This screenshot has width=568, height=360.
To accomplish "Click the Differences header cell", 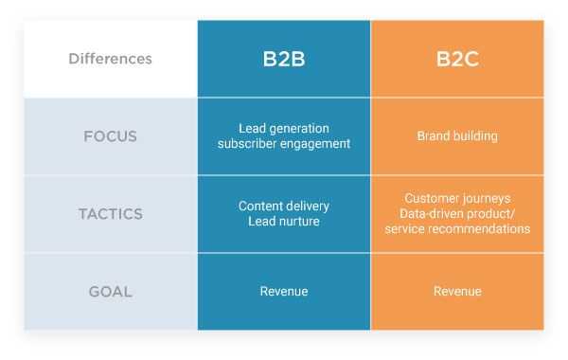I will (110, 59).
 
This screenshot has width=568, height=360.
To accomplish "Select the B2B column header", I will (284, 59).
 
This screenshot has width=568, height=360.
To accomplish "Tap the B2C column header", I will (457, 59).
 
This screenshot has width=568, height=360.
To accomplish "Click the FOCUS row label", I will (110, 136).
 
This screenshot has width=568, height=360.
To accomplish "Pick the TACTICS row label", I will (110, 213).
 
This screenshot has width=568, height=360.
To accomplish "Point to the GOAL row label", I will (110, 291).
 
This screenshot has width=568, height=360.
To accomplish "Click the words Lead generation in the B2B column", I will (284, 129).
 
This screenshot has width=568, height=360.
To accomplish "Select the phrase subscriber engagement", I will (284, 144).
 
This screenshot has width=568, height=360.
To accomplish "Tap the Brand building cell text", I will (457, 136).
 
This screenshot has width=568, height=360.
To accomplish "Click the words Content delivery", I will (284, 206).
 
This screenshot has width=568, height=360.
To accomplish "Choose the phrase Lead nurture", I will (284, 221).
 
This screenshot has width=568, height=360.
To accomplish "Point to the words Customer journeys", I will (457, 198).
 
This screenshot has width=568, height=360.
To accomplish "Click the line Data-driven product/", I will (457, 213).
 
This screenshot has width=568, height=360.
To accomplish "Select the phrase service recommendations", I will (457, 228).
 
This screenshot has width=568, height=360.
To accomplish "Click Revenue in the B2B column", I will (284, 291).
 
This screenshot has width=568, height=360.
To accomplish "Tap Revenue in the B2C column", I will (457, 291).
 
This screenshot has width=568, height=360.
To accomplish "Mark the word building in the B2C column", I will (475, 136).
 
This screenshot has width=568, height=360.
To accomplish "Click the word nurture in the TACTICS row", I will (300, 221).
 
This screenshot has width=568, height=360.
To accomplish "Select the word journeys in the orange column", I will (486, 198).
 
